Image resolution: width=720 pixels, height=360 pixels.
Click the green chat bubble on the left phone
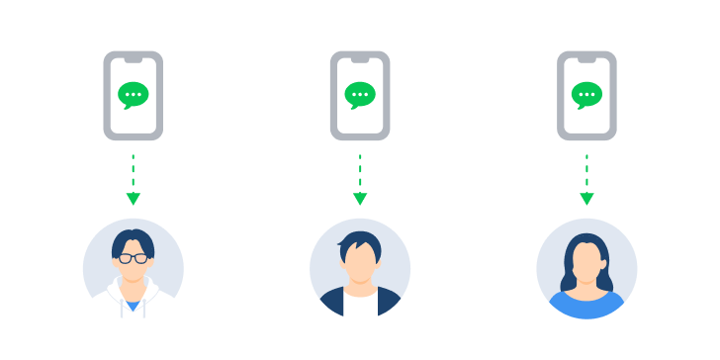tap(133, 94)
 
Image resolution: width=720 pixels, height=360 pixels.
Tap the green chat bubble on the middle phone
tap(360, 94)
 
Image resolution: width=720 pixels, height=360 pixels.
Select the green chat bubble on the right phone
tap(586, 94)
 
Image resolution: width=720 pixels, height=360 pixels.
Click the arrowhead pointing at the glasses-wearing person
tap(133, 199)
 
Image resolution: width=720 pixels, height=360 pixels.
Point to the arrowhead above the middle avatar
tap(360, 199)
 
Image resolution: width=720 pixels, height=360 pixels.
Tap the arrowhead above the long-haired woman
tap(586, 199)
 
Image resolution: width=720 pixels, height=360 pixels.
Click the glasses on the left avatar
tap(133, 259)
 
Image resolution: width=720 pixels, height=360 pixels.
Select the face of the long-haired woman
tap(586, 263)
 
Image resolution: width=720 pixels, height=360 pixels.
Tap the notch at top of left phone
tap(133, 59)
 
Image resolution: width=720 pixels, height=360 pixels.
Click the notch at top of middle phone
tap(360, 59)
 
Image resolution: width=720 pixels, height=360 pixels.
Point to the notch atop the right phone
tap(586, 59)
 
